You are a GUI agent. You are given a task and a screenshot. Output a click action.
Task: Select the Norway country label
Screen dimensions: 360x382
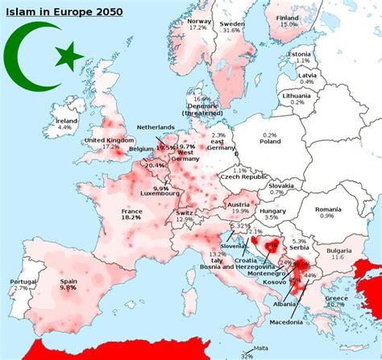click(x=199, y=21)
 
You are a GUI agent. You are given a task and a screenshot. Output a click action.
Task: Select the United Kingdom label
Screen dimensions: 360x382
click(x=109, y=141)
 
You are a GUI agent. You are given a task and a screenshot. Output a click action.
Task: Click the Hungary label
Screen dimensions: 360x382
click(x=271, y=209)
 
